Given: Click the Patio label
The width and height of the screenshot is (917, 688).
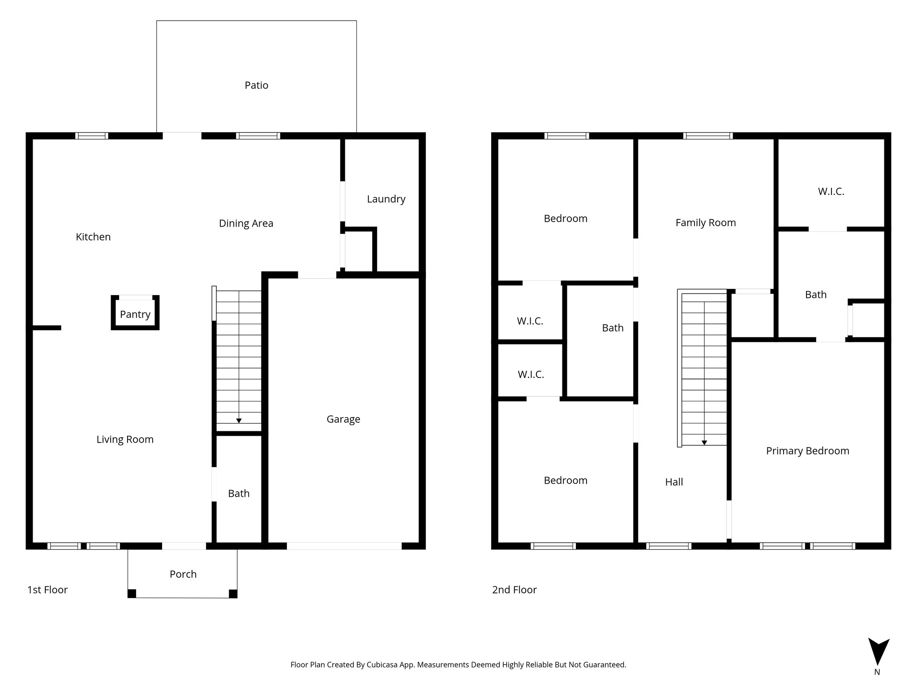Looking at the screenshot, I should pyautogui.click(x=256, y=85).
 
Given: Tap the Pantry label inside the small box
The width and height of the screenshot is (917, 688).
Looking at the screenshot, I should pyautogui.click(x=135, y=314).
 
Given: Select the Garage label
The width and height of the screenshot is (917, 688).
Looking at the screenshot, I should pyautogui.click(x=343, y=419).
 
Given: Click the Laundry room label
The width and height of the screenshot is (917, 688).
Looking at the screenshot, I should pyautogui.click(x=386, y=199).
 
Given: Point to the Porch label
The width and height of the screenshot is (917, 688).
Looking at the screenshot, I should pyautogui.click(x=183, y=574).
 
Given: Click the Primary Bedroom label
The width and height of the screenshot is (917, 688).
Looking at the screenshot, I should pyautogui.click(x=807, y=451).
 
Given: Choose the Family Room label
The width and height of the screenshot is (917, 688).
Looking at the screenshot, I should pyautogui.click(x=705, y=223).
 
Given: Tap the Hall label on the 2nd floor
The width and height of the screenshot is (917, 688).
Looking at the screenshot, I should pyautogui.click(x=673, y=482).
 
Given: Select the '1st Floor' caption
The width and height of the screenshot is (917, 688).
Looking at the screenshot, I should pyautogui.click(x=47, y=590).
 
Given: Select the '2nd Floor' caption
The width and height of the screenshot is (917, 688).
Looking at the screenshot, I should pyautogui.click(x=514, y=590).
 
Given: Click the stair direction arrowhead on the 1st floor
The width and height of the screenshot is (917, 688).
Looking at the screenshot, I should pyautogui.click(x=239, y=421).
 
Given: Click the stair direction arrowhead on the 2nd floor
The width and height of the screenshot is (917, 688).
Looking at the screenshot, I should pyautogui.click(x=704, y=443).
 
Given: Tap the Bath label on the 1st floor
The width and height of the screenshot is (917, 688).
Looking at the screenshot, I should pyautogui.click(x=238, y=494).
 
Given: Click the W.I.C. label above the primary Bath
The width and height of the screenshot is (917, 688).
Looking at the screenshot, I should pyautogui.click(x=831, y=192).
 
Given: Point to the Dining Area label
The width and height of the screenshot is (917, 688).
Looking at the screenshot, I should pyautogui.click(x=246, y=224).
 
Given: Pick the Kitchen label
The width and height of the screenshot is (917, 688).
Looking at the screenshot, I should pyautogui.click(x=93, y=237).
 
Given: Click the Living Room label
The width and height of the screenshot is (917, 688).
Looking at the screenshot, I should pyautogui.click(x=125, y=439).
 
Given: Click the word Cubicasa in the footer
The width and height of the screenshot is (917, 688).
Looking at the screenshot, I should pyautogui.click(x=383, y=665).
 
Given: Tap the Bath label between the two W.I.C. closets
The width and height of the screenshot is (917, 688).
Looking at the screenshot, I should pyautogui.click(x=612, y=328).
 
